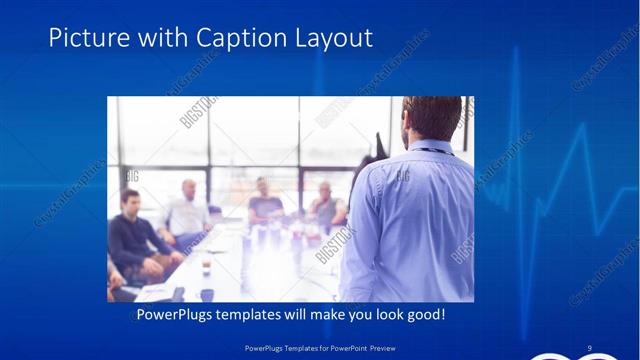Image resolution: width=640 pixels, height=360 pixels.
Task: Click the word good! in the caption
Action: point(424,315)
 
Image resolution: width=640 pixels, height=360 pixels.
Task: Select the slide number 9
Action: point(590,347)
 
